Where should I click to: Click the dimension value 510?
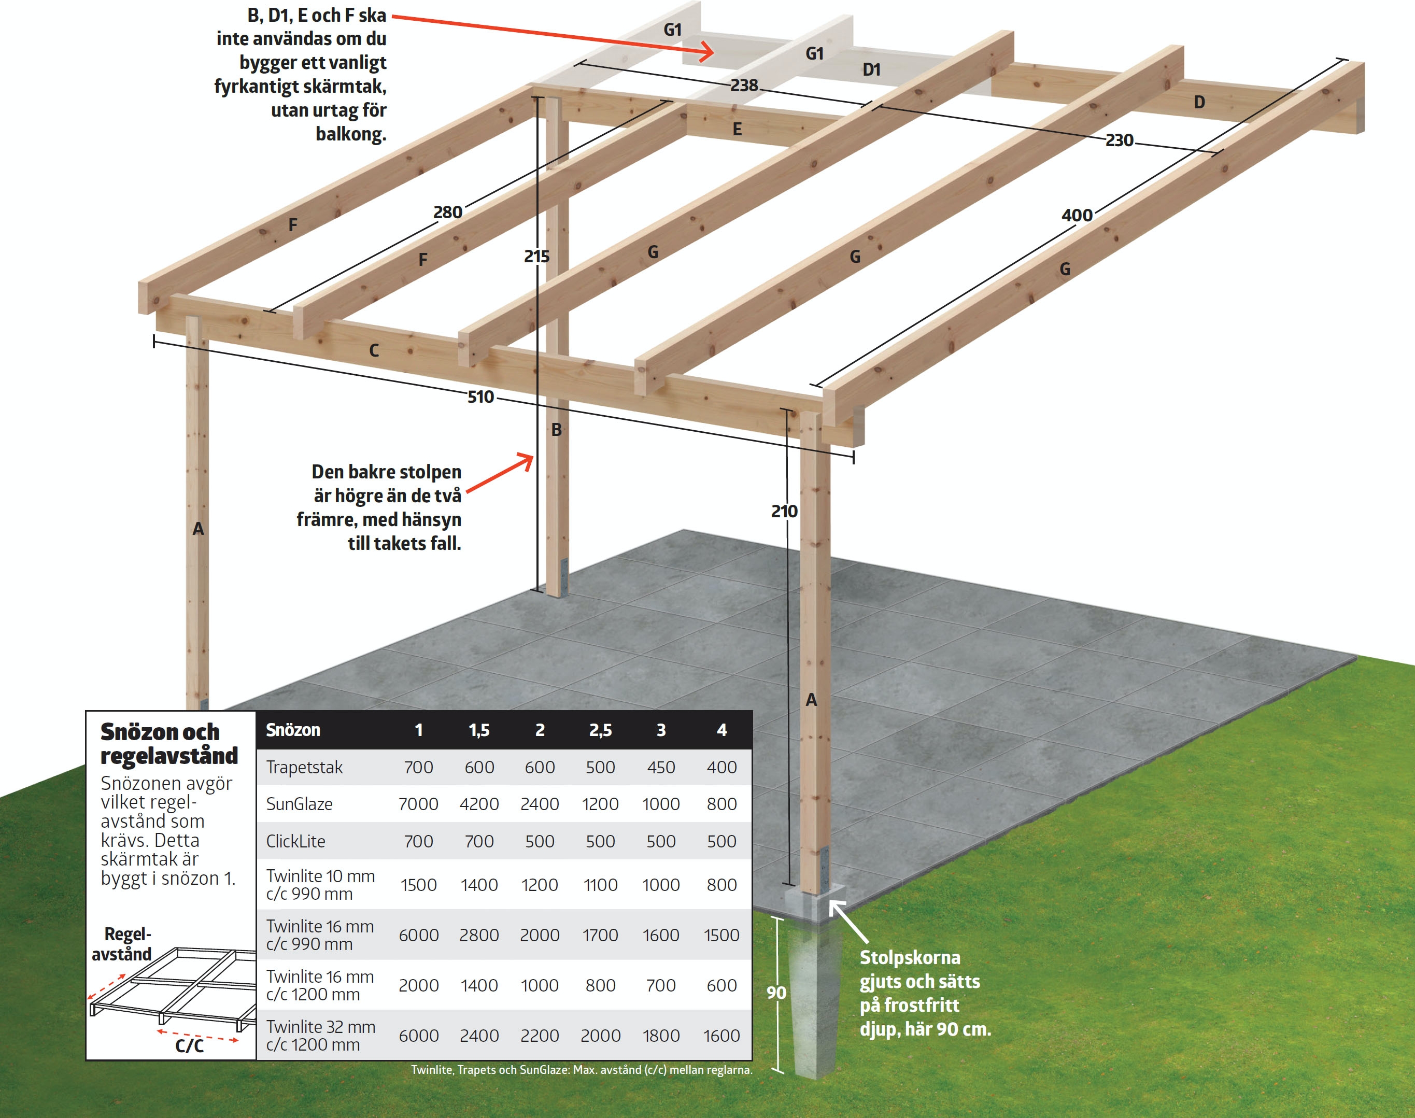point(480,397)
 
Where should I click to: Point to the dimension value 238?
point(744,85)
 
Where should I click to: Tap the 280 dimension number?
point(448,212)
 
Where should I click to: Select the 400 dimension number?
point(1077,215)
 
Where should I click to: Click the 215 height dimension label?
point(536,256)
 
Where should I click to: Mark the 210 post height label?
point(784,511)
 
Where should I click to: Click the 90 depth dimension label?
point(776,993)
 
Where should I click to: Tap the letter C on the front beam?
point(374,350)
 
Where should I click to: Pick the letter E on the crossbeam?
point(737,130)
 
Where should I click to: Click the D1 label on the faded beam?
point(871,69)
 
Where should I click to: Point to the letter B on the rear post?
point(556,429)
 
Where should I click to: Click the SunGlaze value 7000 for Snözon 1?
point(418,804)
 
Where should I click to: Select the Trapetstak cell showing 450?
point(660,767)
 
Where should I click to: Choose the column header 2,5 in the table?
point(600,730)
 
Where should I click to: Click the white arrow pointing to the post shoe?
point(848,922)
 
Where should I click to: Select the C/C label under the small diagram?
point(190,1046)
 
